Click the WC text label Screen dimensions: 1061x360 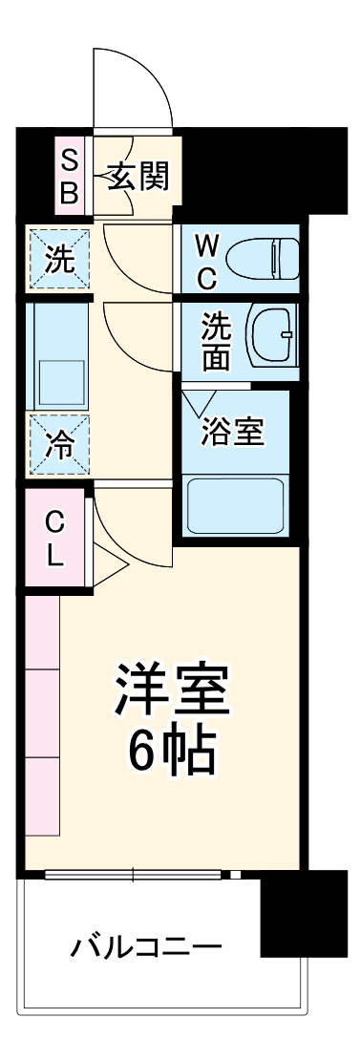coord(207,261)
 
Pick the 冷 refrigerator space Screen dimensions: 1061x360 coord(59,443)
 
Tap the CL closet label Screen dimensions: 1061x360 coord(56,539)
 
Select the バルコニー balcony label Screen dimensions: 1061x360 coord(146,948)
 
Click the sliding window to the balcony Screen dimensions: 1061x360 coord(134,873)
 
